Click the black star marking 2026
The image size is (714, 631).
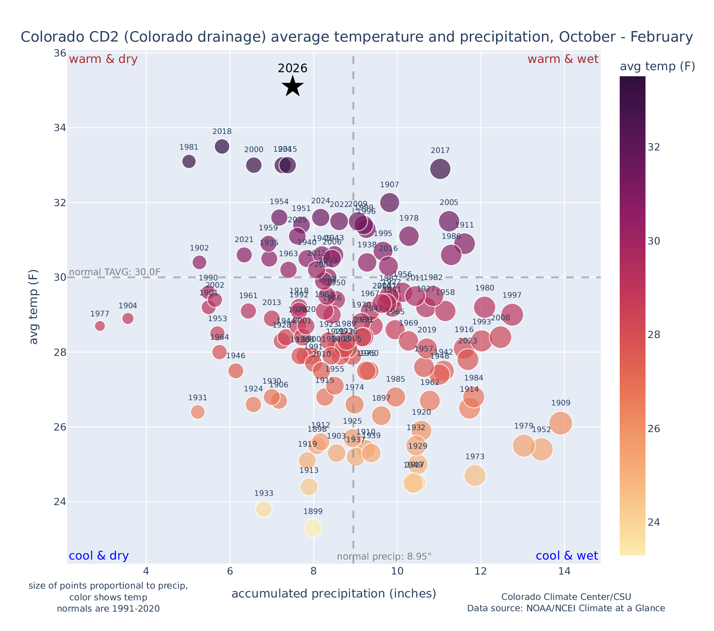click(x=293, y=86)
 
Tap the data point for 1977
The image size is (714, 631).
click(x=100, y=326)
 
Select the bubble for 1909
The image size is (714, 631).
click(x=560, y=423)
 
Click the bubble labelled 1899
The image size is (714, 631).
click(x=313, y=528)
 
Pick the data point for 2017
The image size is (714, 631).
click(x=440, y=169)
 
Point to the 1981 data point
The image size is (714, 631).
click(x=189, y=161)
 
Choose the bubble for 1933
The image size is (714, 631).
click(x=264, y=509)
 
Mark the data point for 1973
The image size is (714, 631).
click(x=475, y=476)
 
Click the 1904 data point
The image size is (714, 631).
click(x=128, y=318)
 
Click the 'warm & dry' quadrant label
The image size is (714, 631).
click(x=103, y=59)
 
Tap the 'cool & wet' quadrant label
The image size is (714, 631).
click(x=567, y=556)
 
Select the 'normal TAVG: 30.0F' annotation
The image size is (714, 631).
click(x=115, y=272)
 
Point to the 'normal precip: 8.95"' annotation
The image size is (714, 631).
click(x=384, y=557)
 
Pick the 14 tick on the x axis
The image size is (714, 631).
click(x=564, y=572)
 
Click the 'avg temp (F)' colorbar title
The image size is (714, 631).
click(x=657, y=67)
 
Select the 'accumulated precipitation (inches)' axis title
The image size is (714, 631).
click(x=334, y=593)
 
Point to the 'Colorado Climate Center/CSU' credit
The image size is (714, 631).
click(x=566, y=597)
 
